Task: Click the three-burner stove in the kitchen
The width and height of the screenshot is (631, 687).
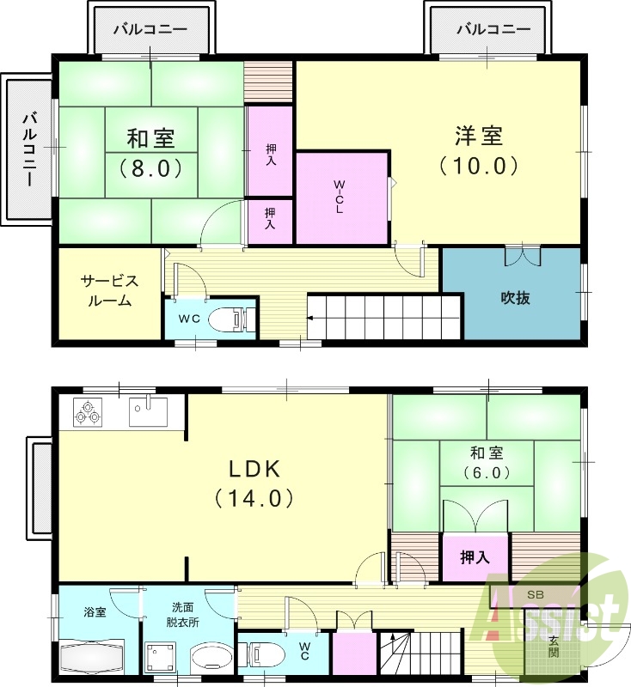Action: [88, 411]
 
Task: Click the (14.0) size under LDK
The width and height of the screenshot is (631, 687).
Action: [254, 497]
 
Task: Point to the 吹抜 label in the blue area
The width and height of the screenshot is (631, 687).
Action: [515, 298]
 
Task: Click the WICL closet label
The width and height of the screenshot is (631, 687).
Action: [340, 197]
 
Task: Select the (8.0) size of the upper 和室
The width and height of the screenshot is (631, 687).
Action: [152, 167]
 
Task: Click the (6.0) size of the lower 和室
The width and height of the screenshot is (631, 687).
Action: [487, 472]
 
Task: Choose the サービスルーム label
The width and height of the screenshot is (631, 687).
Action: [109, 291]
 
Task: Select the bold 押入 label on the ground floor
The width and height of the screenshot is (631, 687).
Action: [475, 557]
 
